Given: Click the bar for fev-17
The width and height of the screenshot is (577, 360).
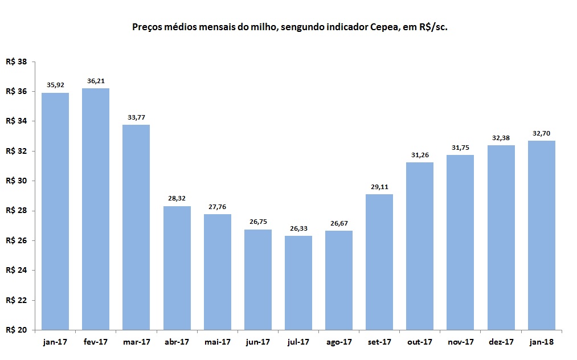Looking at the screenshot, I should [x=96, y=209].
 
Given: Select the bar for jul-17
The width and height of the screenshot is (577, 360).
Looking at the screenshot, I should [x=298, y=283].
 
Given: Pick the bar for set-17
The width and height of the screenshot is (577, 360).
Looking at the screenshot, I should [x=379, y=262].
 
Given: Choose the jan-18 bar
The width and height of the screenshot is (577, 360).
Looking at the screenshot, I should [x=541, y=235].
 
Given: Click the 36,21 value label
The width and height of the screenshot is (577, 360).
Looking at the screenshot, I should [x=96, y=81].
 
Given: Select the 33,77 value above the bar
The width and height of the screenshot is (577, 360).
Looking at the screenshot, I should [x=136, y=118].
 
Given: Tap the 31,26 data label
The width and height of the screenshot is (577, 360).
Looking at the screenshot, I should [x=420, y=156].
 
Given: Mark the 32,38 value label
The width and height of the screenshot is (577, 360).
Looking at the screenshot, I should [x=501, y=138].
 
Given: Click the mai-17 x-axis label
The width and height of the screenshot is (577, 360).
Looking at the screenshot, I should [x=217, y=342].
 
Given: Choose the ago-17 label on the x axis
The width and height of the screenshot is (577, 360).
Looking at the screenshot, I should [x=339, y=342].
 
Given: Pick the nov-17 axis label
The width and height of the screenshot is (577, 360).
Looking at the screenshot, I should [x=460, y=342].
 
